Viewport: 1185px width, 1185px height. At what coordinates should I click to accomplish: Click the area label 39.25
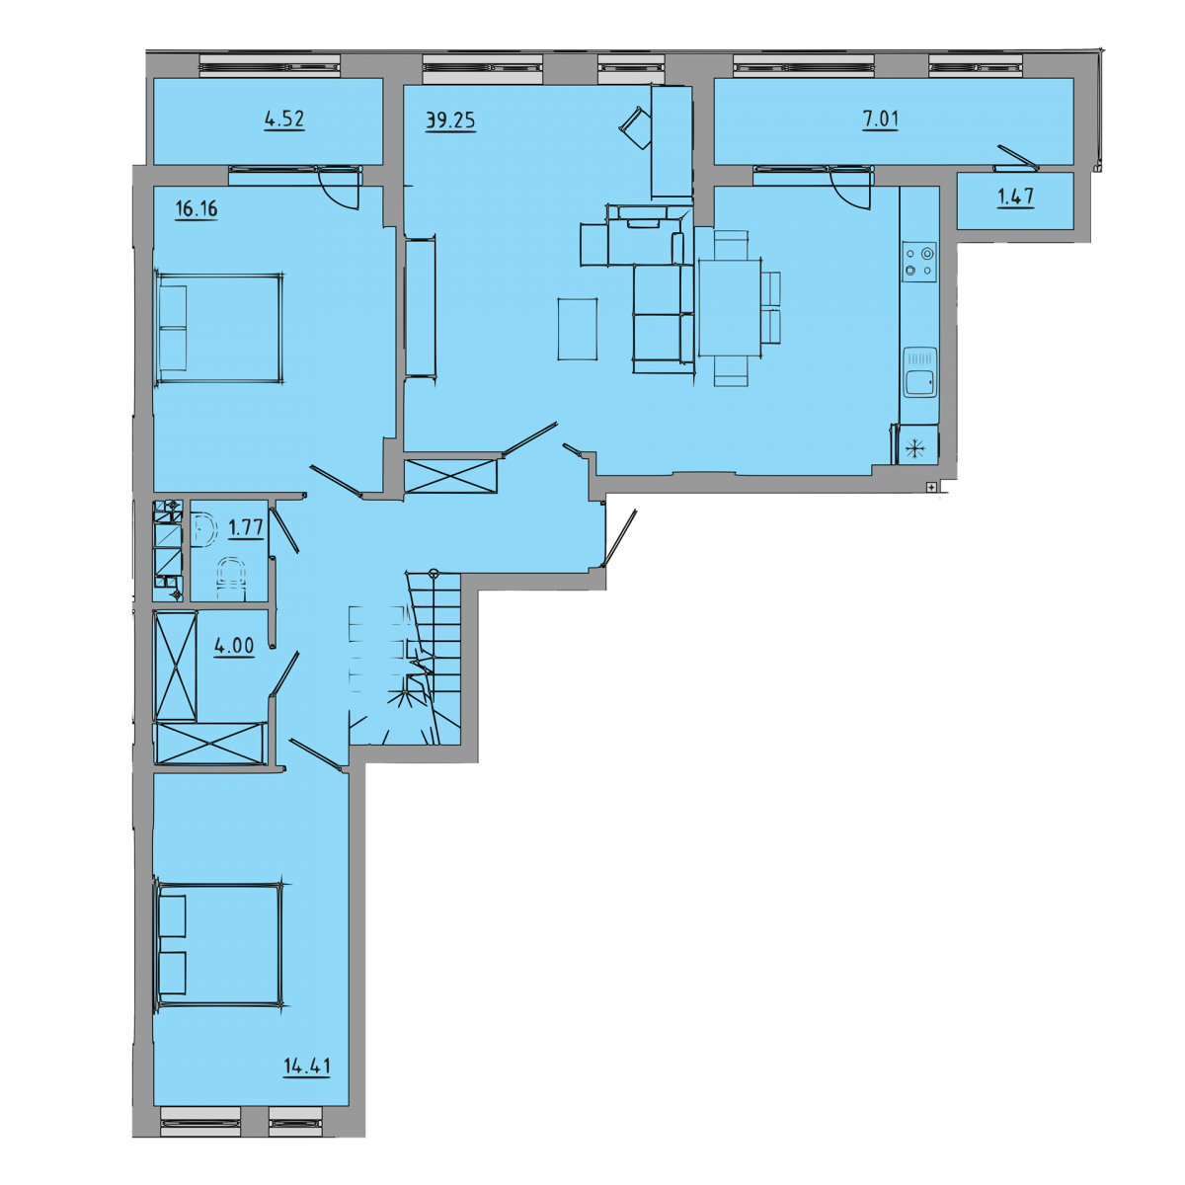click(450, 120)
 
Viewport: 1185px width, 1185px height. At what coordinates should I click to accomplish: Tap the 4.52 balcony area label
click(284, 118)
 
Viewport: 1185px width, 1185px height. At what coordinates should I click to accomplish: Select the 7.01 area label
click(881, 118)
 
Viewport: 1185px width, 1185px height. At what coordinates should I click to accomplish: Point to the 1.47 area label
click(1015, 197)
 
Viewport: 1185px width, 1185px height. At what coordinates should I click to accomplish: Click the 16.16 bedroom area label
click(197, 209)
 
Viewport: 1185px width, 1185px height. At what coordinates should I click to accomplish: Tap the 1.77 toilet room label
click(246, 527)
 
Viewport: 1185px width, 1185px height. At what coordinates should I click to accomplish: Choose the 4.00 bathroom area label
click(234, 646)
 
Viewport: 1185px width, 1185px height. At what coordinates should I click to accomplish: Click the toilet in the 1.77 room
click(231, 578)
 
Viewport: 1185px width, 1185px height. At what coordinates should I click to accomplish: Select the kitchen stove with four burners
click(919, 262)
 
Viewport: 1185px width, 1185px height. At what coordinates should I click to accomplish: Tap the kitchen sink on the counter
click(920, 371)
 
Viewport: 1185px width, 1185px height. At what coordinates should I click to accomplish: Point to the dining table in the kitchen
click(730, 308)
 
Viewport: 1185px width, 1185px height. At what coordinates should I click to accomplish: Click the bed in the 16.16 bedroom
click(219, 329)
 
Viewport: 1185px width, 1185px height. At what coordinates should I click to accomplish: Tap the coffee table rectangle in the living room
click(578, 329)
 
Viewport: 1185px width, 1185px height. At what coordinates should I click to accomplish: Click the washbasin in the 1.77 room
click(204, 528)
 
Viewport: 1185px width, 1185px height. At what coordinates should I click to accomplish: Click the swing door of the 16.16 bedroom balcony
click(339, 188)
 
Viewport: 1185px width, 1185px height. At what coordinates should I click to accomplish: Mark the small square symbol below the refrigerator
click(931, 488)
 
